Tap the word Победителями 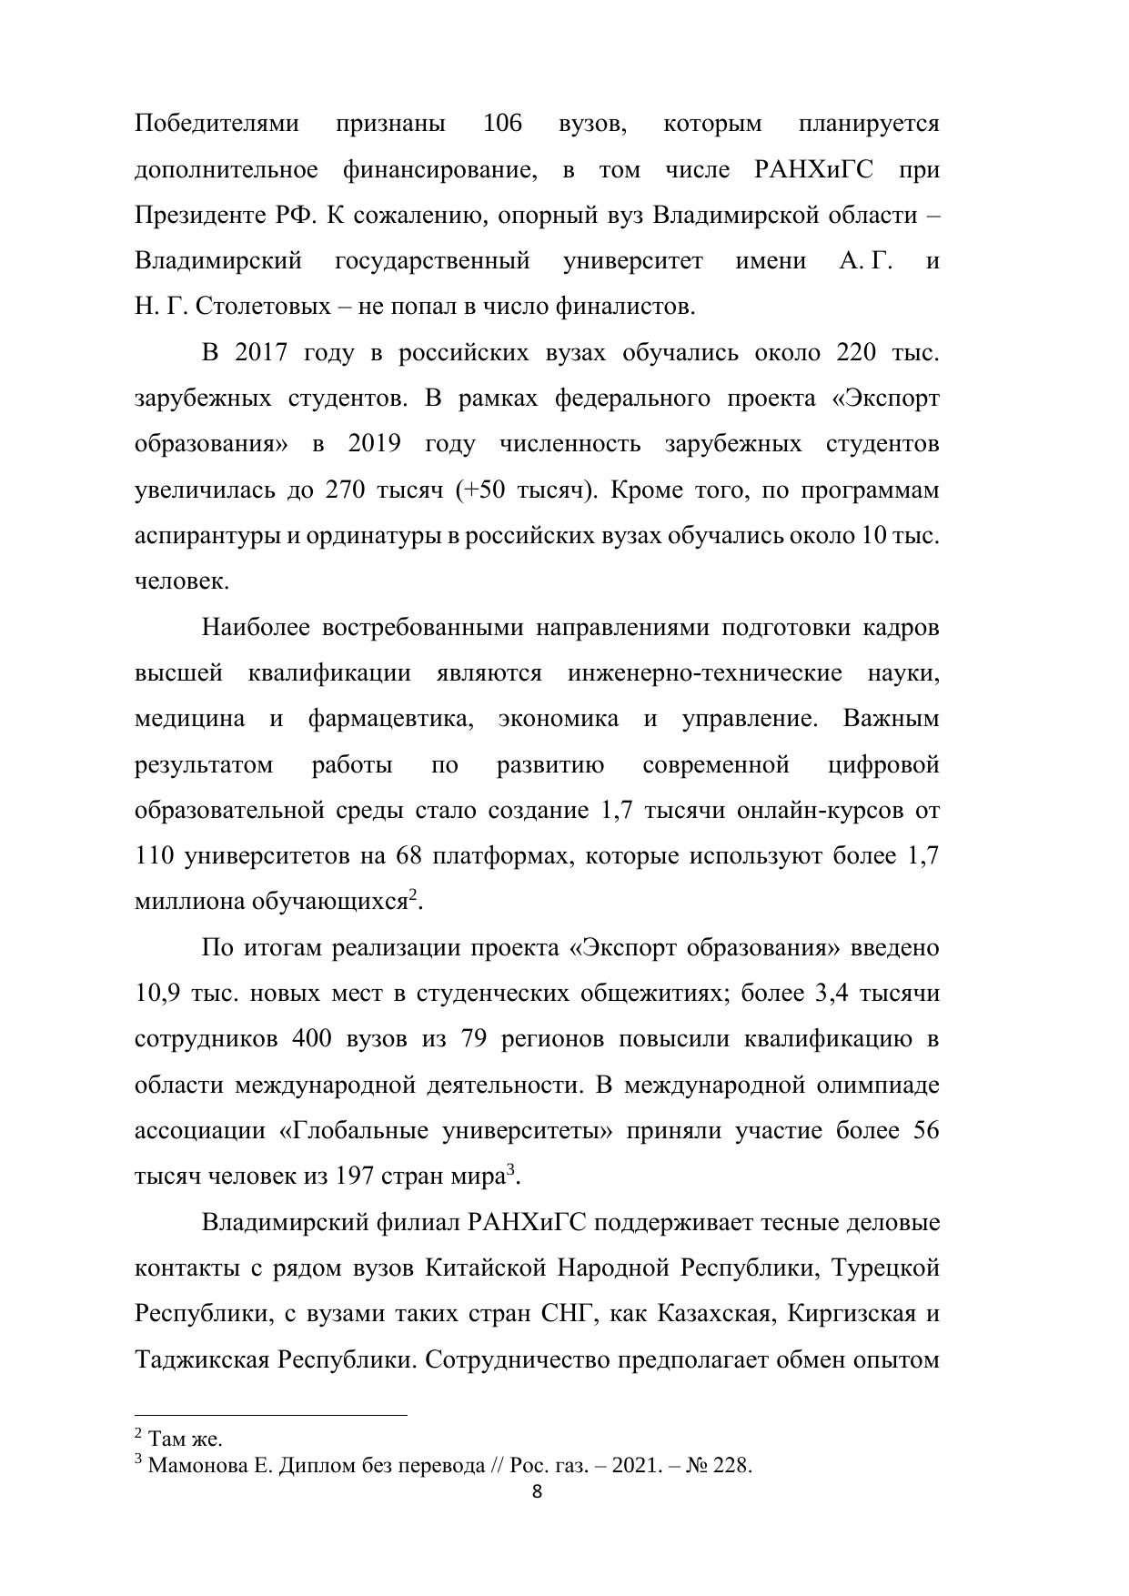(217, 124)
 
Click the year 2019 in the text (374, 444)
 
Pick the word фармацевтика (391, 719)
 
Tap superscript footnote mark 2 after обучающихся (412, 896)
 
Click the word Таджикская (202, 1359)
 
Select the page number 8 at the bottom (537, 1492)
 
